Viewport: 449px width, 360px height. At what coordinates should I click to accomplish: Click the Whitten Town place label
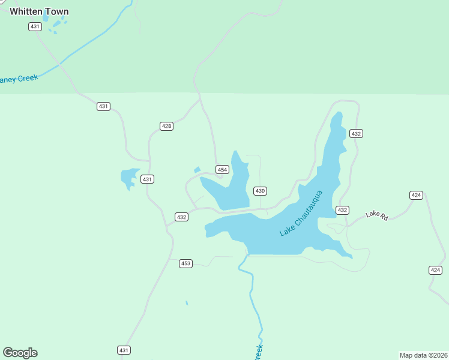(x=39, y=11)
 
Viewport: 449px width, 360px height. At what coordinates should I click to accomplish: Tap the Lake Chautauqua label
(x=301, y=213)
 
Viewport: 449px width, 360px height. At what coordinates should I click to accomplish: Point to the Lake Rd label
(x=376, y=214)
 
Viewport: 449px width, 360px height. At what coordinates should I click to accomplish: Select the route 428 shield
(x=166, y=126)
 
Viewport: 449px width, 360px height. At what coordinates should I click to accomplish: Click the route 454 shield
(x=222, y=170)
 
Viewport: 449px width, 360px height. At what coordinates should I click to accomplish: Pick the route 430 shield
(x=260, y=191)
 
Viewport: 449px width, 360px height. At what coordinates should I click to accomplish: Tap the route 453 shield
(x=185, y=263)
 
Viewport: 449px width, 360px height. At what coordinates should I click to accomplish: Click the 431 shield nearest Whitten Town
(x=35, y=26)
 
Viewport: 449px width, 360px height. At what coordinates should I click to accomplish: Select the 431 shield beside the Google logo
(x=124, y=350)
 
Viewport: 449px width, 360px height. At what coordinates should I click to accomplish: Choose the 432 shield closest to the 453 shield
(x=182, y=217)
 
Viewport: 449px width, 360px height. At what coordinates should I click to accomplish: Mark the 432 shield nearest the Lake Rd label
(x=342, y=210)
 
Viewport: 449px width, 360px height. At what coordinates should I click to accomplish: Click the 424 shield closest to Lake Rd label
(x=417, y=195)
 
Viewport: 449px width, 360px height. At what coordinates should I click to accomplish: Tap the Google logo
(x=20, y=353)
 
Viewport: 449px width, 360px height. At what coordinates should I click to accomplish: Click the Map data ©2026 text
(x=423, y=355)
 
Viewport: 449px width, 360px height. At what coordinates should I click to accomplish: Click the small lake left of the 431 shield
(x=128, y=178)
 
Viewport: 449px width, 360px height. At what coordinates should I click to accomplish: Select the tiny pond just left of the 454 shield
(x=197, y=170)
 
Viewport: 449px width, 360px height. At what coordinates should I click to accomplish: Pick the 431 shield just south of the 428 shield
(x=147, y=179)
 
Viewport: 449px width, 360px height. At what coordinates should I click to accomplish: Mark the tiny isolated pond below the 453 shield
(x=187, y=303)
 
